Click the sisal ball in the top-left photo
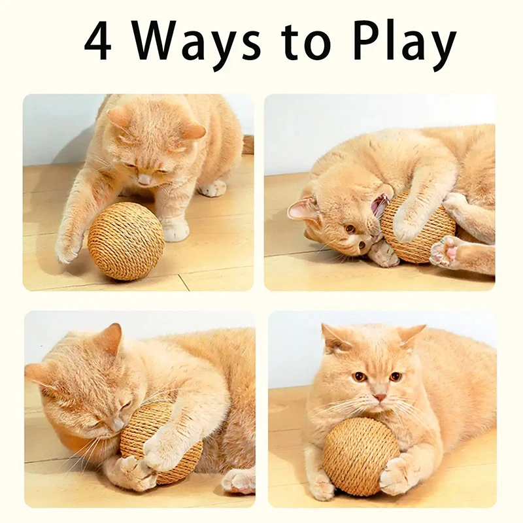coord(126,241)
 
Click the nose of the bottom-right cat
coord(379,397)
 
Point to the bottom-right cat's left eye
coord(359,377)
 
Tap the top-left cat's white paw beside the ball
coord(175,229)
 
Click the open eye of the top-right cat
coord(350,228)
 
